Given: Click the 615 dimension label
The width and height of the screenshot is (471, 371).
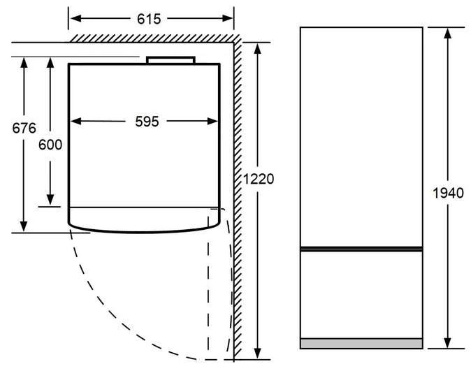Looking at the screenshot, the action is pyautogui.click(x=149, y=19).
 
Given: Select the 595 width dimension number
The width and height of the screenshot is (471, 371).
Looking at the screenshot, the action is pyautogui.click(x=147, y=122).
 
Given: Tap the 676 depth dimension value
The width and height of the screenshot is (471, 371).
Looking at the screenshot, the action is pyautogui.click(x=24, y=129).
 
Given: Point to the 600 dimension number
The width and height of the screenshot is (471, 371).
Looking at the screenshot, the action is pyautogui.click(x=50, y=145).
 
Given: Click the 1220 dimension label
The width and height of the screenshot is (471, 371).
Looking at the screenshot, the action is pyautogui.click(x=259, y=179).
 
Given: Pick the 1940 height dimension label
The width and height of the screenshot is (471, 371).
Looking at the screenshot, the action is pyautogui.click(x=448, y=193).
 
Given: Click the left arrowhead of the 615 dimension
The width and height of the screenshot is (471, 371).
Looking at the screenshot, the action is pyautogui.click(x=75, y=18).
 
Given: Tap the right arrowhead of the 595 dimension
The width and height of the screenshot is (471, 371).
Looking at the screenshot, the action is pyautogui.click(x=212, y=122).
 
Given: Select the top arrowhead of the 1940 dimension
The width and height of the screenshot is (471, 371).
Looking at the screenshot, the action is pyautogui.click(x=448, y=34).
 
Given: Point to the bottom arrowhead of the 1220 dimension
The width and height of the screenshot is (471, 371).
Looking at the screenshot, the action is pyautogui.click(x=257, y=354).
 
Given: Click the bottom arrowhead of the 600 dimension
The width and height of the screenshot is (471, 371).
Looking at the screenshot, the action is pyautogui.click(x=50, y=201).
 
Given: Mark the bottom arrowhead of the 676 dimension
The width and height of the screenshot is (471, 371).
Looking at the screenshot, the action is pyautogui.click(x=24, y=226).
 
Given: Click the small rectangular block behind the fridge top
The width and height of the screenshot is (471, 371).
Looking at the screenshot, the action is pyautogui.click(x=171, y=60).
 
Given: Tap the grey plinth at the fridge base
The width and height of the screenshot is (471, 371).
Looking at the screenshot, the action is pyautogui.click(x=361, y=344).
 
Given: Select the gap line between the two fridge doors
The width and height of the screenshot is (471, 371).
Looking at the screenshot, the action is pyautogui.click(x=361, y=249).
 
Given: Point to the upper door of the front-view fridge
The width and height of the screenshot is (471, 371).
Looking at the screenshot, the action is pyautogui.click(x=361, y=137).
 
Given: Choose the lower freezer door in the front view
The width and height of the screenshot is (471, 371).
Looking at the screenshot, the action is pyautogui.click(x=361, y=295).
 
